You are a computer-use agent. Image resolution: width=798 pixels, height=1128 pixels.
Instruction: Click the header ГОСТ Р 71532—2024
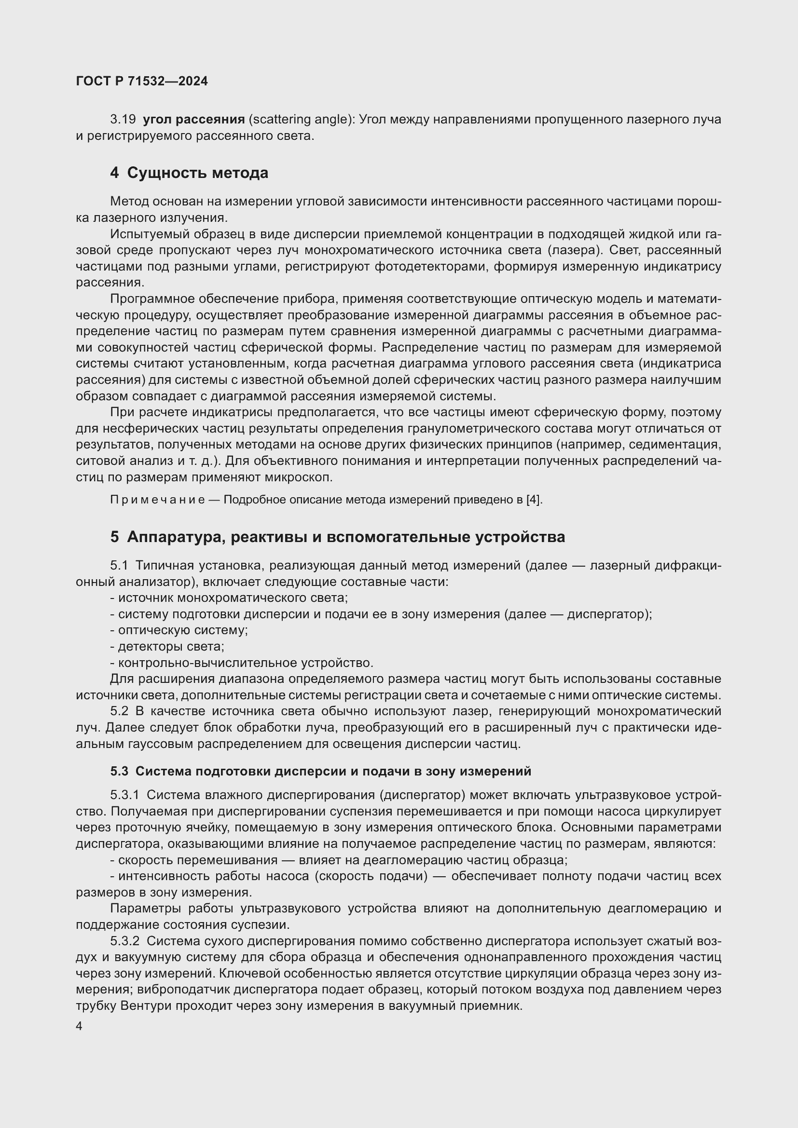142,82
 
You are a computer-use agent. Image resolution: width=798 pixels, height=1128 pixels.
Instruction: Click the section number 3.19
123,120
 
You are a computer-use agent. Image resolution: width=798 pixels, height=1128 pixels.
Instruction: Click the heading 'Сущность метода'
197,173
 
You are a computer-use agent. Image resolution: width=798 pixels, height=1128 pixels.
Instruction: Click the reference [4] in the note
533,500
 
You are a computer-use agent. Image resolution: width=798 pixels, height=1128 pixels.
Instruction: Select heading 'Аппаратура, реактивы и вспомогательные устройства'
346,537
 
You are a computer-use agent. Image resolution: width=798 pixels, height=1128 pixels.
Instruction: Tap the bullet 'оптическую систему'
182,630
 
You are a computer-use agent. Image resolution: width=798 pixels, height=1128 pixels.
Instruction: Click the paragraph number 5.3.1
125,795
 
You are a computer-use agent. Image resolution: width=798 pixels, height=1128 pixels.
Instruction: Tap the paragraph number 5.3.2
125,941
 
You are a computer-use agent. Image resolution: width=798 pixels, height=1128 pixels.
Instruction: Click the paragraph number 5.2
119,711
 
